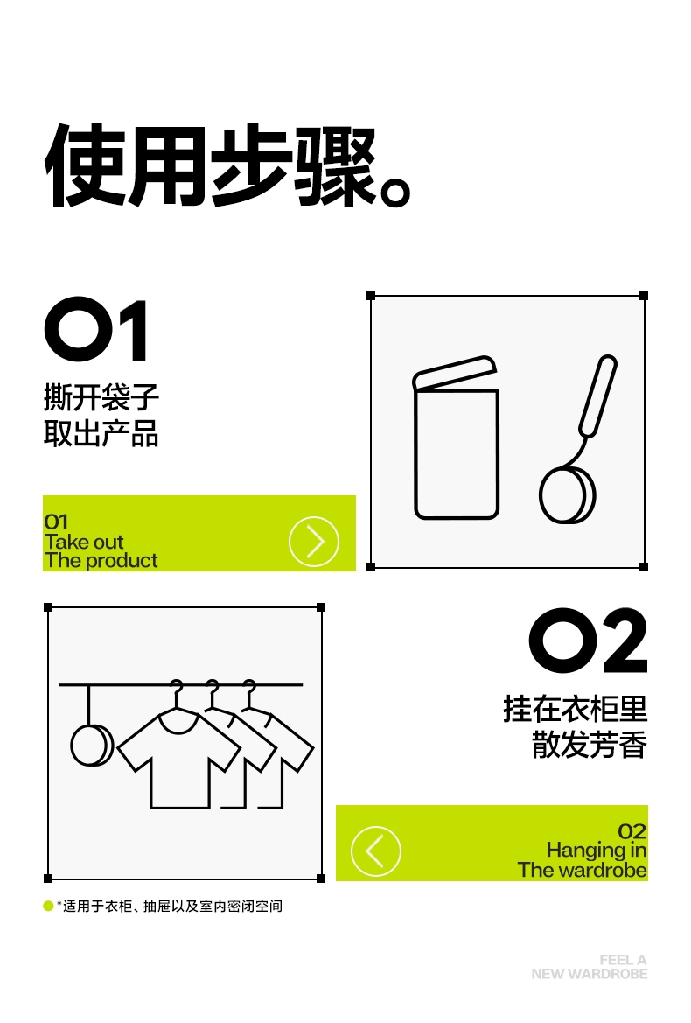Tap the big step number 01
click(96, 329)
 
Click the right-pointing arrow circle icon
click(313, 541)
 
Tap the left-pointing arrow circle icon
click(375, 851)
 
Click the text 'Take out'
click(84, 542)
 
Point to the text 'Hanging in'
click(597, 850)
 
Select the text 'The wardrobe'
click(583, 870)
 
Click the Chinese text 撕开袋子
click(101, 396)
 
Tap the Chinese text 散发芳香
click(590, 745)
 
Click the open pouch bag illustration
click(456, 438)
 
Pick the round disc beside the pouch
click(567, 495)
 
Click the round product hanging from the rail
click(92, 745)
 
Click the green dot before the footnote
click(48, 906)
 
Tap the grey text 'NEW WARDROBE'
click(590, 974)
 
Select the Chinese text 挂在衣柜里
click(575, 709)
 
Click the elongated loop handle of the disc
click(597, 396)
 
